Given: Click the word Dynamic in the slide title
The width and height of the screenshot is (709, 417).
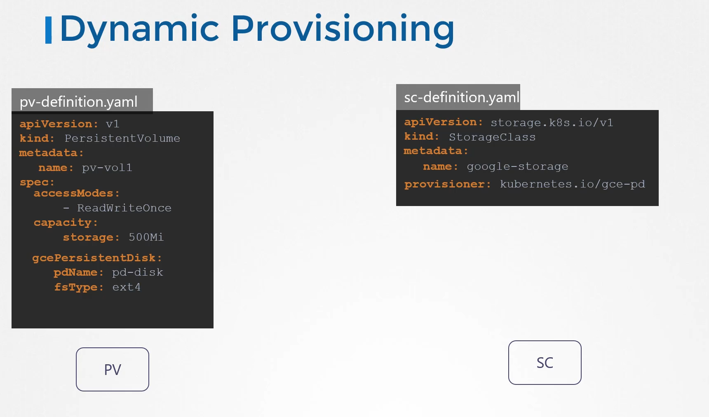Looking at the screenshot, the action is (139, 29).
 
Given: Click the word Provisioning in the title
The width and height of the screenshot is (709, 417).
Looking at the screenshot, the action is (343, 29).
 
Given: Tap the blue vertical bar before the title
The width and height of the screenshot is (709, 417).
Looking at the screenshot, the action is (48, 30).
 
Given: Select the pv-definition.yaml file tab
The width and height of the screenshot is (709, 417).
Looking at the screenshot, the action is (82, 101).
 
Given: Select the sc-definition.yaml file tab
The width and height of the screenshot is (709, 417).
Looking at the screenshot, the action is (458, 97).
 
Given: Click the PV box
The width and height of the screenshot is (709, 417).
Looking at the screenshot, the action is (113, 369).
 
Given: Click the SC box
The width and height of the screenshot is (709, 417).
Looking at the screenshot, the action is (545, 363).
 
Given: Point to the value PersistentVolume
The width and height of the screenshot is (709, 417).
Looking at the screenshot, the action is (122, 138).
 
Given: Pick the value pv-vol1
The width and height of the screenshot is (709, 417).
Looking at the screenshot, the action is (107, 168).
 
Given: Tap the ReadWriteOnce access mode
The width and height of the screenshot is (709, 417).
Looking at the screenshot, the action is (124, 208).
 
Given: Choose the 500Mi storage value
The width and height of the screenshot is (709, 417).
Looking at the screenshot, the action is (146, 237).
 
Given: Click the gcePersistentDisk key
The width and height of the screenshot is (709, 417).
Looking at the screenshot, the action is (97, 258).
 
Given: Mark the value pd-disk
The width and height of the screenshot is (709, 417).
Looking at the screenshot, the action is (138, 272).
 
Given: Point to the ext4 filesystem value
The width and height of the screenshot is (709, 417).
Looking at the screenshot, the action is (127, 287).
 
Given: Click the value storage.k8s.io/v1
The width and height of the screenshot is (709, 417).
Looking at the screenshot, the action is (552, 123).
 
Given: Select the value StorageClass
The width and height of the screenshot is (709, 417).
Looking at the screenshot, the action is (492, 137).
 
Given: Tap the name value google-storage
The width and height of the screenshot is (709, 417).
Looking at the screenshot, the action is (517, 167).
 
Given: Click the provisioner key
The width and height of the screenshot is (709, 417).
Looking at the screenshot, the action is (447, 185).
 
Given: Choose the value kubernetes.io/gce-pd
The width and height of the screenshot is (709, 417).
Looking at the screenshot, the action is (573, 184).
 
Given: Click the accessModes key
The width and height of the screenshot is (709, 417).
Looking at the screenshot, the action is (77, 194).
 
